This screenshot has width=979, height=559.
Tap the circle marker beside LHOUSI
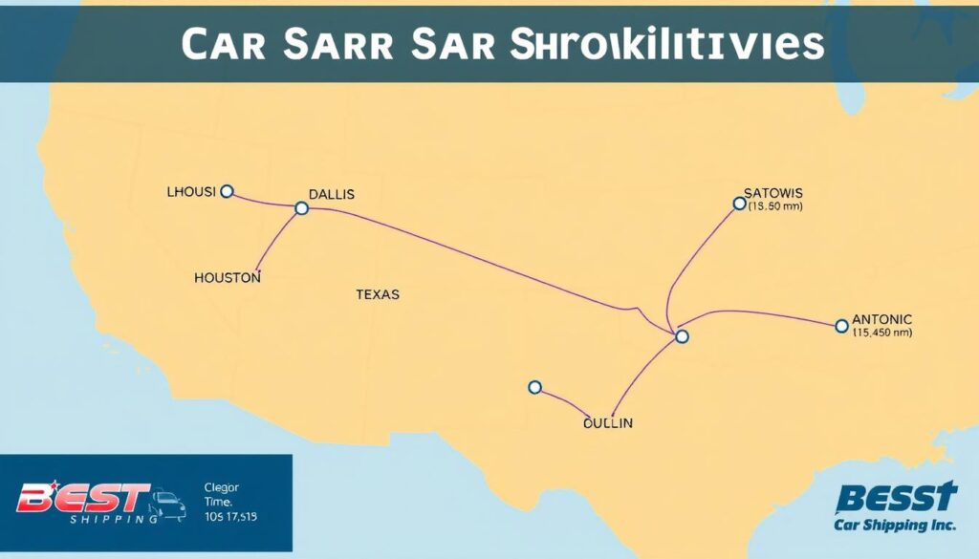click(x=227, y=191)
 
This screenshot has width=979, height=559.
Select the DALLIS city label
click(x=331, y=194)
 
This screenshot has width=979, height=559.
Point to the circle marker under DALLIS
click(x=301, y=207)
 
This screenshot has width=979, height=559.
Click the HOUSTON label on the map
click(x=227, y=277)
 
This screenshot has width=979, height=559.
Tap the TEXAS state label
click(x=377, y=294)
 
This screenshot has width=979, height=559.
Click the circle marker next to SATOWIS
click(x=738, y=203)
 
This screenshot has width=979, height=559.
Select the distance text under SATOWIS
click(x=776, y=205)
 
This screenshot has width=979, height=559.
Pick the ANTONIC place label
click(x=881, y=319)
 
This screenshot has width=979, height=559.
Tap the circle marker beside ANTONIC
click(x=841, y=326)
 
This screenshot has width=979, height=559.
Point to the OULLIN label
click(x=608, y=421)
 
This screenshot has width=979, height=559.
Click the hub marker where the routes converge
click(x=681, y=335)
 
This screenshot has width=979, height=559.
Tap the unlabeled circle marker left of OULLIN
click(x=534, y=387)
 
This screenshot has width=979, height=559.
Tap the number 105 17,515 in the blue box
click(x=231, y=516)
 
